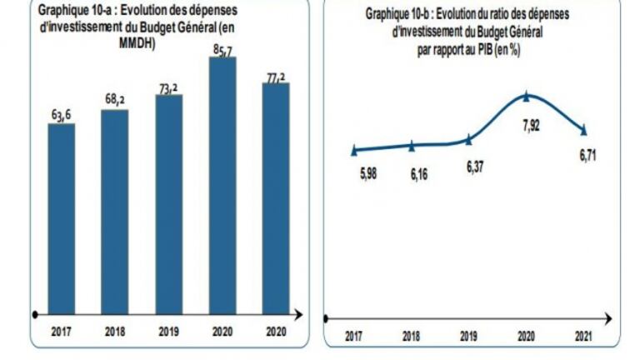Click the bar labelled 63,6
click(x=61, y=218)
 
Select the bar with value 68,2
click(x=115, y=212)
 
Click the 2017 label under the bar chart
click(x=61, y=332)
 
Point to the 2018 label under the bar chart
click(x=115, y=332)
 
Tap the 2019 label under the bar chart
click(x=168, y=332)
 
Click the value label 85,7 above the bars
click(x=222, y=49)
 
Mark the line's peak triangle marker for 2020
click(x=526, y=96)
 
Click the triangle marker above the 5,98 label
click(x=354, y=150)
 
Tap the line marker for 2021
click(x=583, y=130)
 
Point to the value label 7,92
click(x=530, y=125)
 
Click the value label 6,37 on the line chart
click(x=474, y=167)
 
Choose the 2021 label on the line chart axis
click(x=583, y=336)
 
